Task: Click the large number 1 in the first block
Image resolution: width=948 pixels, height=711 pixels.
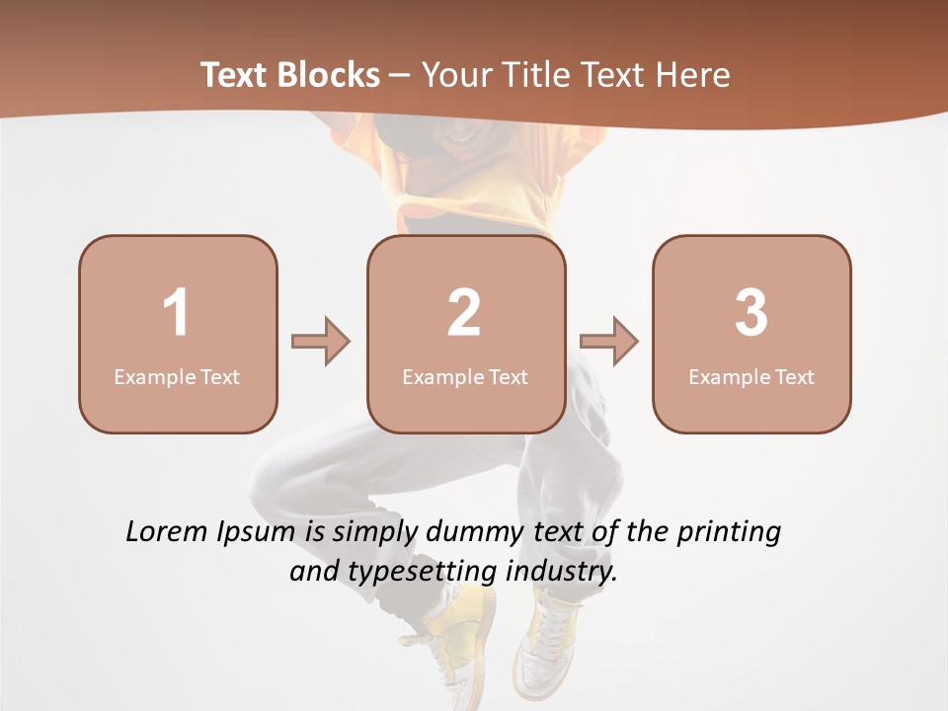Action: pyautogui.click(x=177, y=313)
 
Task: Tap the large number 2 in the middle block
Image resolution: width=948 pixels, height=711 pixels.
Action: pyautogui.click(x=464, y=313)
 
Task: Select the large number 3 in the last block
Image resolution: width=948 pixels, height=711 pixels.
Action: pyautogui.click(x=751, y=313)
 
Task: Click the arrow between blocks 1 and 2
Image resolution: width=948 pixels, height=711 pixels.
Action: pyautogui.click(x=321, y=342)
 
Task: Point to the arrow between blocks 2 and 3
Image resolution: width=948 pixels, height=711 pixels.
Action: pyautogui.click(x=608, y=342)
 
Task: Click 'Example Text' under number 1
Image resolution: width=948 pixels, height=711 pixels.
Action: pyautogui.click(x=177, y=376)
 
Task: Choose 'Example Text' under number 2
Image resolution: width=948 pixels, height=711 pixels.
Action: pyautogui.click(x=465, y=376)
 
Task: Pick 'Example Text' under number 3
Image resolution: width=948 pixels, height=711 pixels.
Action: pyautogui.click(x=751, y=376)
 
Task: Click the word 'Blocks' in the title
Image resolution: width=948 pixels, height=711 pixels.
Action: pyautogui.click(x=329, y=75)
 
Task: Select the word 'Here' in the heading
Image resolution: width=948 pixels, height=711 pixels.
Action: pyautogui.click(x=694, y=75)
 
